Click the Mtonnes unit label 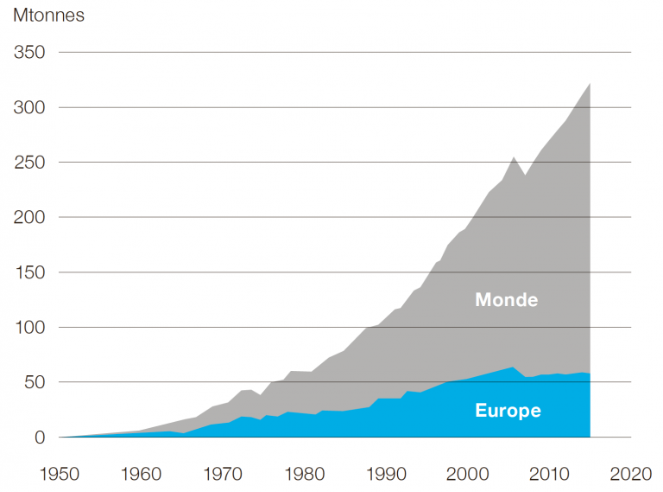coord(48,16)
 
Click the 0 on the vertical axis coord(40,438)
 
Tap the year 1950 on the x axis coord(61,474)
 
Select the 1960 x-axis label coord(142,474)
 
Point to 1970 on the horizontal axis coord(224,474)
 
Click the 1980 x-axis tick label coord(305,474)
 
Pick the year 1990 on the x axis coord(386,474)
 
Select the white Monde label coord(506,300)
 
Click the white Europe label coord(508,410)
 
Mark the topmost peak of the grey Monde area coord(589,84)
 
